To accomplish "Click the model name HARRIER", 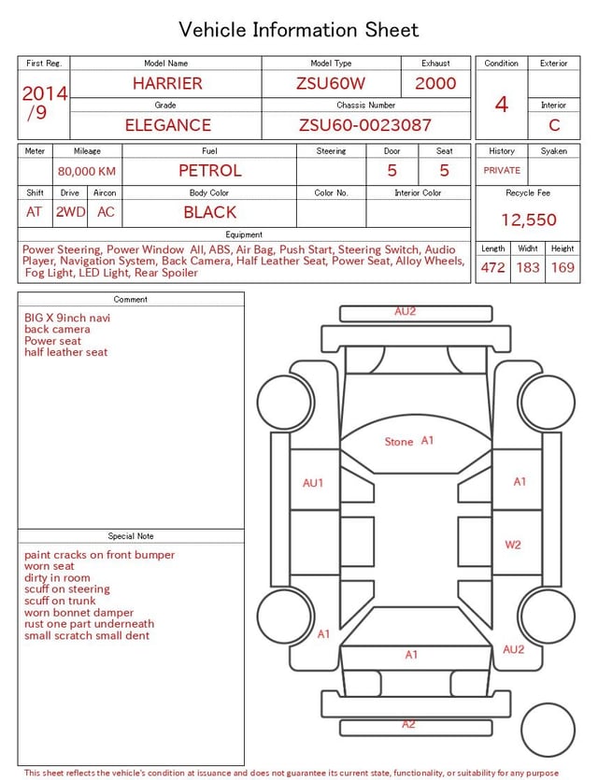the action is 167,83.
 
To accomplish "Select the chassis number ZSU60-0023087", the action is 365,125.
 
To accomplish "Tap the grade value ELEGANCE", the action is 167,125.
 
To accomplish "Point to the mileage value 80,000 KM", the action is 87,171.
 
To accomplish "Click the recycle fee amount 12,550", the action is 528,220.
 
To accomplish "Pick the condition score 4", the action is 502,105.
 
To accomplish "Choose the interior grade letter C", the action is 554,125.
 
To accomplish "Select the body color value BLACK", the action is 210,212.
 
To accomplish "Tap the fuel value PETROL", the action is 210,171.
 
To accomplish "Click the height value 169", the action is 562,267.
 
